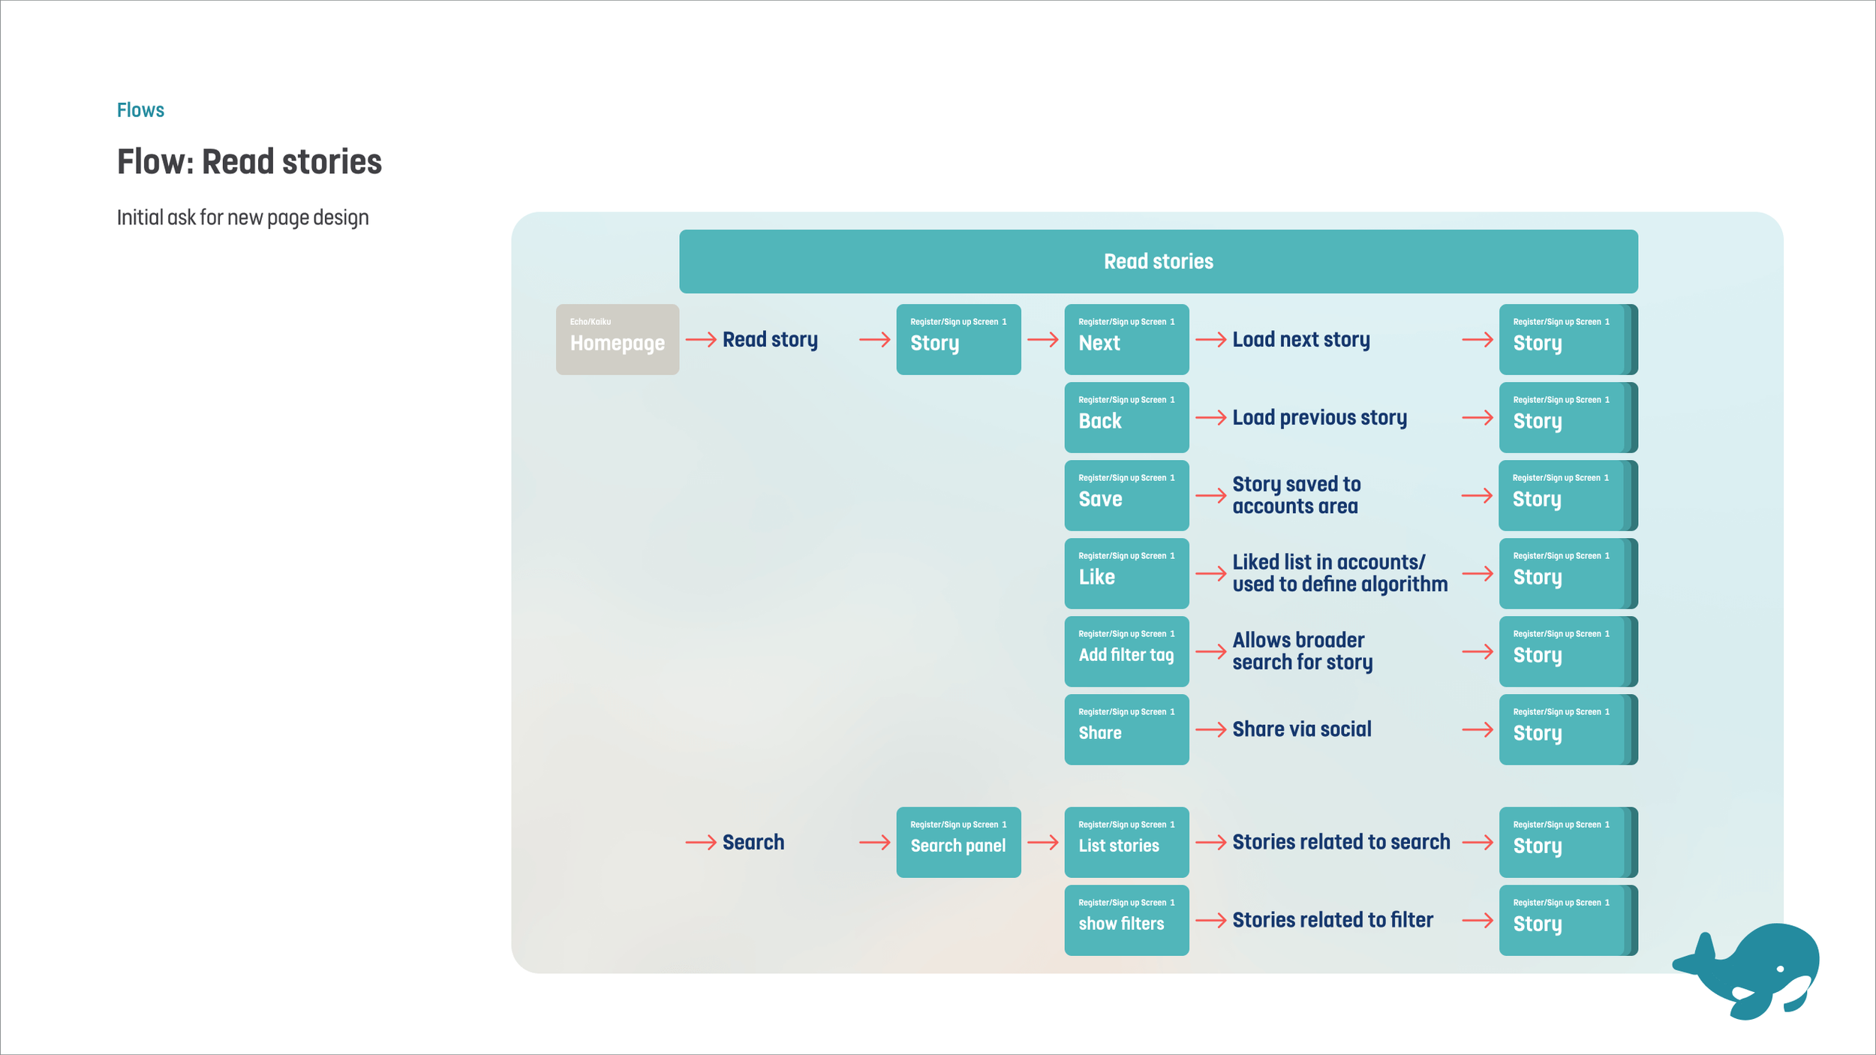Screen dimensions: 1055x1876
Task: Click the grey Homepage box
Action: point(617,339)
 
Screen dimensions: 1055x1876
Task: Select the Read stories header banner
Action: point(1158,261)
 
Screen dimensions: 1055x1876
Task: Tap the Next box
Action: point(1126,339)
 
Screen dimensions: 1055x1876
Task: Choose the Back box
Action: point(1126,417)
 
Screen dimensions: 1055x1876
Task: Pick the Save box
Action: point(1126,495)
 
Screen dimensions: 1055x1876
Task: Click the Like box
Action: point(1126,573)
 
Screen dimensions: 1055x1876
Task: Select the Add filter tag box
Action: point(1126,651)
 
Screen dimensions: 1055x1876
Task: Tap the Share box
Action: point(1126,729)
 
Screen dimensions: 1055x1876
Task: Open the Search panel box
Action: point(958,842)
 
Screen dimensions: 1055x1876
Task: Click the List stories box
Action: point(1126,842)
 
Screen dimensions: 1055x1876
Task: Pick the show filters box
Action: point(1126,920)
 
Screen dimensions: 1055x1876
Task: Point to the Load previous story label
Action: point(1319,417)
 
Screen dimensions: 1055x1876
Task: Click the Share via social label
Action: point(1301,729)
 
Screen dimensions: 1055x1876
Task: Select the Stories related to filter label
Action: point(1332,920)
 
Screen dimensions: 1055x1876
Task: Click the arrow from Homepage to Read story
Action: point(701,340)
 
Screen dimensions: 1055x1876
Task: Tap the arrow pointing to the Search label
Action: point(701,843)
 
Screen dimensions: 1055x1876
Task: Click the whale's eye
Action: point(1780,969)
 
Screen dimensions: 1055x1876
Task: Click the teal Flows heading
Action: point(140,110)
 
